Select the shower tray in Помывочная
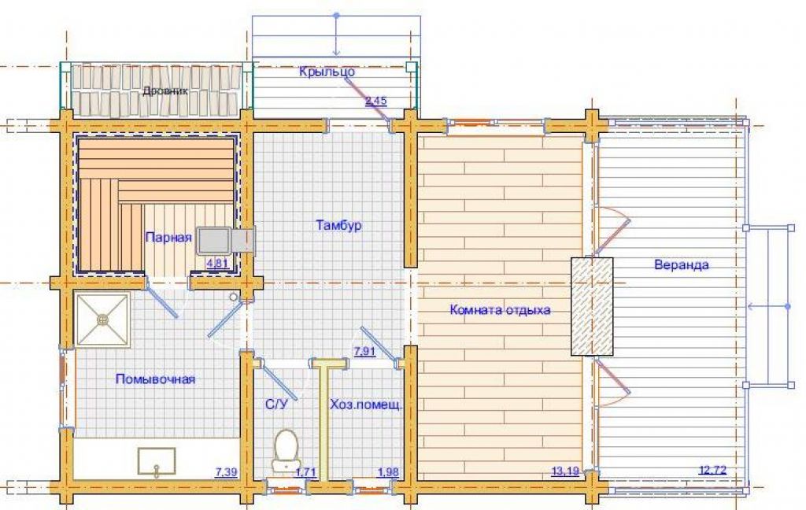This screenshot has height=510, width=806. click(102, 320)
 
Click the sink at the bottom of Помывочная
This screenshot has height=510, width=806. click(157, 461)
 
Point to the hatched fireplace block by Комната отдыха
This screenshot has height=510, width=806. click(592, 306)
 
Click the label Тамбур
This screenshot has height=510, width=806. click(338, 225)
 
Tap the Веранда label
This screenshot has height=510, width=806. click(681, 264)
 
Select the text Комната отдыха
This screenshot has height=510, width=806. click(500, 310)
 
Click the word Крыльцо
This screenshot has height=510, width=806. click(327, 72)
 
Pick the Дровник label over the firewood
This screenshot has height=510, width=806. click(165, 91)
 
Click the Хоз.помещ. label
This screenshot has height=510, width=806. click(366, 405)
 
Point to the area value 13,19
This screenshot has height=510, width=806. click(565, 471)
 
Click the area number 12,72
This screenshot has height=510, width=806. click(713, 470)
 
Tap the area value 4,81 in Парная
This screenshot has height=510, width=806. click(216, 264)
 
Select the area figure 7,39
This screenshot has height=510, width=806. click(226, 471)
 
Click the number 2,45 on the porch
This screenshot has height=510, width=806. click(375, 101)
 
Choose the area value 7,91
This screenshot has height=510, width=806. click(364, 352)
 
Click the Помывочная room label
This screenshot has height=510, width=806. click(155, 379)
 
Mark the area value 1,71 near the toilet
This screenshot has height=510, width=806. click(306, 472)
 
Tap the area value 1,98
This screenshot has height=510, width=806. click(388, 472)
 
